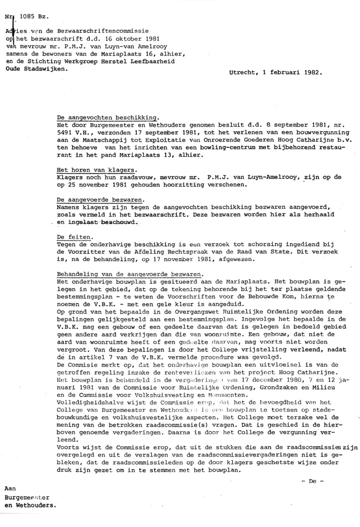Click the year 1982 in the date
pos(311,73)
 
